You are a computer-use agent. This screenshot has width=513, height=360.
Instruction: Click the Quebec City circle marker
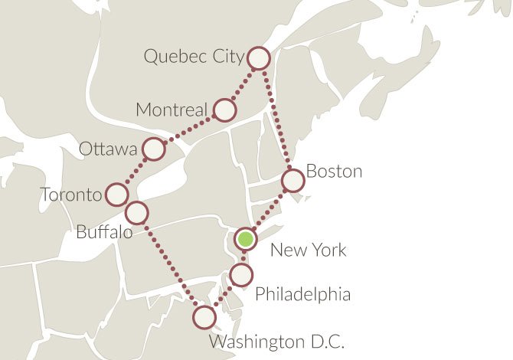(259, 58)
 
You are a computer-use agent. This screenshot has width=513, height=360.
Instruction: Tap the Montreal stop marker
(224, 110)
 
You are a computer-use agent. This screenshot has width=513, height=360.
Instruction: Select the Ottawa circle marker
(154, 149)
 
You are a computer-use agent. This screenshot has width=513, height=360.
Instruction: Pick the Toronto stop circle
(116, 195)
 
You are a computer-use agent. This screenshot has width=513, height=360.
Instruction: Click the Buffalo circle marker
(136, 211)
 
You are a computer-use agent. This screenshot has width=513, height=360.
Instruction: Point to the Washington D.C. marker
(204, 316)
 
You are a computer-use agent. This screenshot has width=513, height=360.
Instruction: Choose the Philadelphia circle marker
(240, 275)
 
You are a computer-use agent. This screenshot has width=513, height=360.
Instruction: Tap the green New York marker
(245, 239)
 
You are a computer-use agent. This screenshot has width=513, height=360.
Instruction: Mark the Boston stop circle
(293, 181)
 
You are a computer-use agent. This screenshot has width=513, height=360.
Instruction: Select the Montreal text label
(171, 110)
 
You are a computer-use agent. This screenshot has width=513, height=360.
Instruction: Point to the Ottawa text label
(107, 149)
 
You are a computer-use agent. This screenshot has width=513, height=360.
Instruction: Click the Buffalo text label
(103, 231)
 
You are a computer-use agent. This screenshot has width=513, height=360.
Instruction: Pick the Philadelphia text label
(302, 294)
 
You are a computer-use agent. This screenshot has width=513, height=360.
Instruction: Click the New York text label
(309, 250)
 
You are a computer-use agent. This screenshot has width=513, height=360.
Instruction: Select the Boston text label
(334, 171)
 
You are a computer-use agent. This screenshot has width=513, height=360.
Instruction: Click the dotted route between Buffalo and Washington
(170, 264)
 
